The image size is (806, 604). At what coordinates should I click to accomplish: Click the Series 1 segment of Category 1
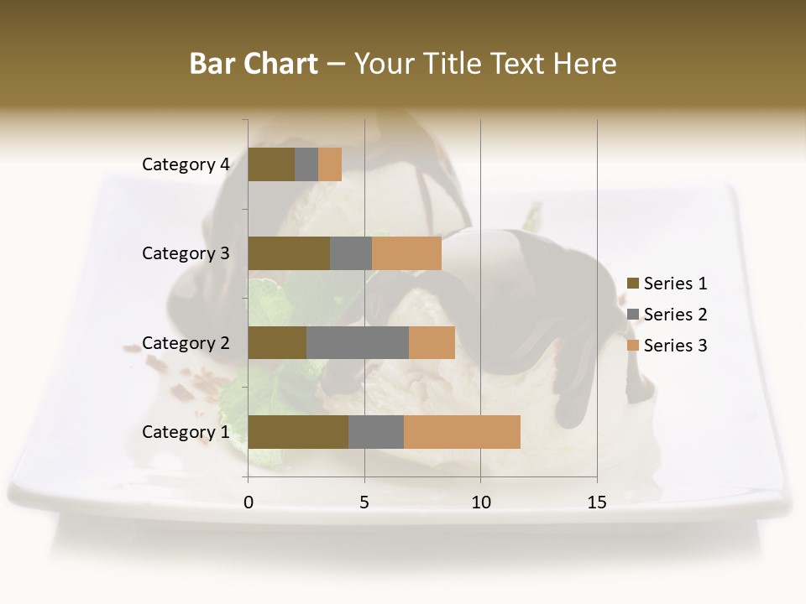[298, 432]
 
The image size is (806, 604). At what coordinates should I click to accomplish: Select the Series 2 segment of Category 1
[376, 432]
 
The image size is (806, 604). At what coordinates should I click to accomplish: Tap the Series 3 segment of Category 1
[462, 432]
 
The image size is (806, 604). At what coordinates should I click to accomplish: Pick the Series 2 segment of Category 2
[358, 342]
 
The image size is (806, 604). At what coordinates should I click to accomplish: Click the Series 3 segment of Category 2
[432, 342]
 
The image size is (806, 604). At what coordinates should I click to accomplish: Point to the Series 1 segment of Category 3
[289, 253]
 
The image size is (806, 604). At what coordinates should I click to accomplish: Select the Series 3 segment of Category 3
[406, 253]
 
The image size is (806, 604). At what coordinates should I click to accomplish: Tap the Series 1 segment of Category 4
[271, 164]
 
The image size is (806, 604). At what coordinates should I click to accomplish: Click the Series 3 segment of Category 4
[330, 164]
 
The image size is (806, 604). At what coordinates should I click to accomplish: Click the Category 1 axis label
[186, 432]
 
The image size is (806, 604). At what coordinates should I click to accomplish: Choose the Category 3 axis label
[186, 253]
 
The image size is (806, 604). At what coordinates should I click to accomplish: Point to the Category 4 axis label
[186, 164]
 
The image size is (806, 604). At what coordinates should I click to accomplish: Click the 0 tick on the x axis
[249, 502]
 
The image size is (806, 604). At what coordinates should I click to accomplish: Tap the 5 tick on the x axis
[364, 502]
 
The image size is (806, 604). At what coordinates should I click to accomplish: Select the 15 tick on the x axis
[597, 502]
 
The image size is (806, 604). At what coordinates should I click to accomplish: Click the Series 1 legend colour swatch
[633, 284]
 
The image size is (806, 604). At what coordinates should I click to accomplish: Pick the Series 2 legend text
[675, 315]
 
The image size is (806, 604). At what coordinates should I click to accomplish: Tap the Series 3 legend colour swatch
[633, 346]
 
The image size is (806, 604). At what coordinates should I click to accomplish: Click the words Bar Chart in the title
[254, 64]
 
